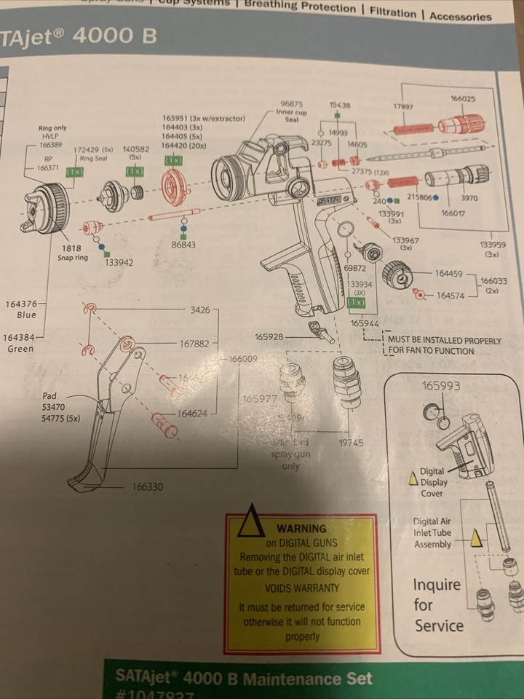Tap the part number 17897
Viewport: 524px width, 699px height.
[403, 106]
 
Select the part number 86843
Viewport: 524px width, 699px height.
[184, 245]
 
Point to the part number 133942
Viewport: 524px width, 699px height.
[119, 262]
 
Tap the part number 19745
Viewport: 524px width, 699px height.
[352, 443]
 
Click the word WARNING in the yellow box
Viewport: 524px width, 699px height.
[301, 528]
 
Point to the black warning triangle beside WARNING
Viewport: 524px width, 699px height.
[252, 521]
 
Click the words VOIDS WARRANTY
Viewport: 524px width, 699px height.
[302, 588]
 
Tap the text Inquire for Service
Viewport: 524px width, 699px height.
[438, 604]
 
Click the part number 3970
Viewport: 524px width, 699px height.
[469, 197]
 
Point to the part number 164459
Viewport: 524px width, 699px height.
[448, 274]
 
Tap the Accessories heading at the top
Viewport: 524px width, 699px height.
[460, 15]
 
